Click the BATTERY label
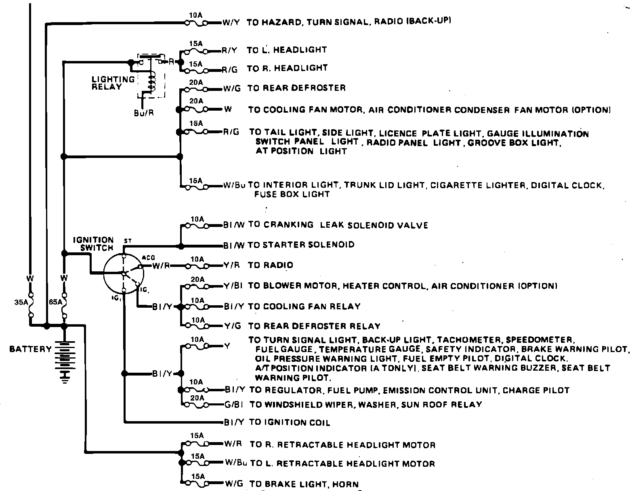coord(31,349)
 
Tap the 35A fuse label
coord(20,302)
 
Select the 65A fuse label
coord(55,302)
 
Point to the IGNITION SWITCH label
coord(93,244)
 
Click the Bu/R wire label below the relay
coord(144,113)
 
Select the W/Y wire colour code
coord(231,23)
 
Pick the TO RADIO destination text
coord(271,265)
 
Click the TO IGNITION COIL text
coord(290,423)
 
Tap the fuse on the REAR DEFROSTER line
coord(196,89)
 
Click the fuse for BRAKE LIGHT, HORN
coord(196,483)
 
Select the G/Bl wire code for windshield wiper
coord(235,404)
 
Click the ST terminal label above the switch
coord(128,241)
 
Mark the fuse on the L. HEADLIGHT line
coord(196,51)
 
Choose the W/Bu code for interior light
coord(235,186)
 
